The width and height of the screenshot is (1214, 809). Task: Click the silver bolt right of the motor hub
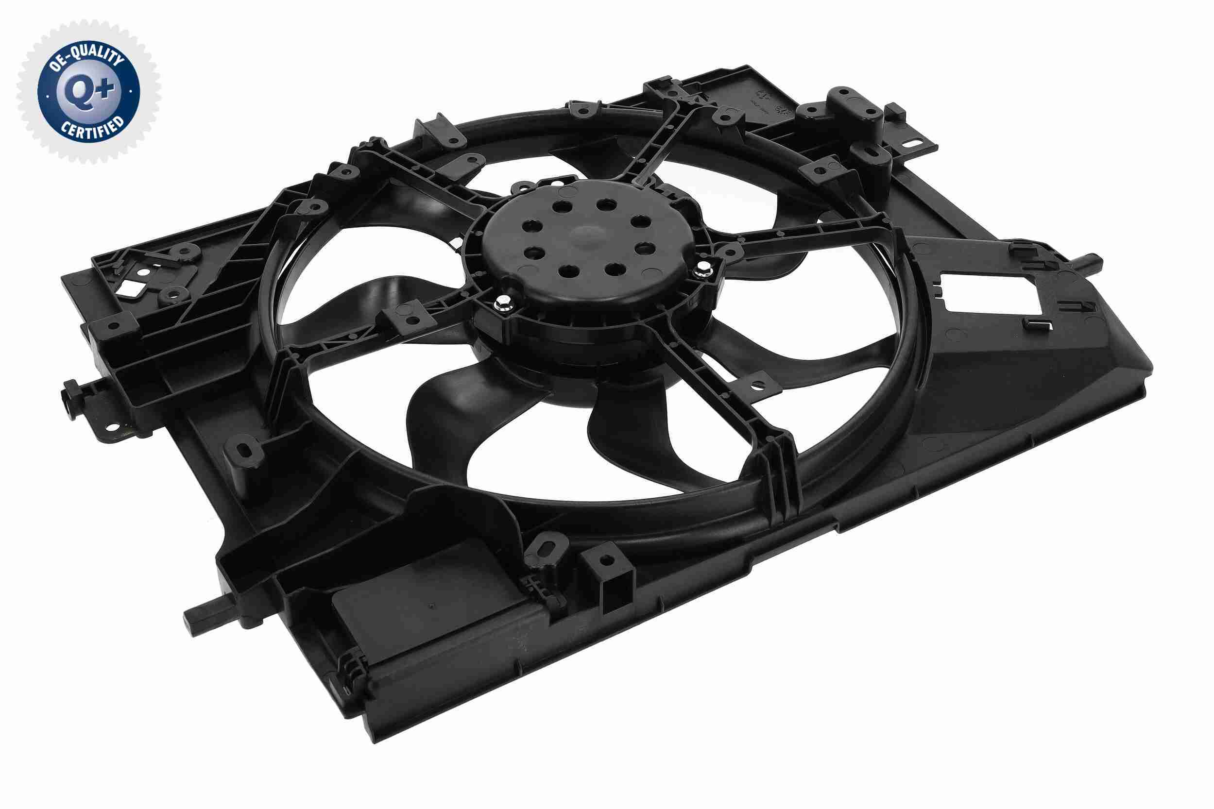click(702, 268)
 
